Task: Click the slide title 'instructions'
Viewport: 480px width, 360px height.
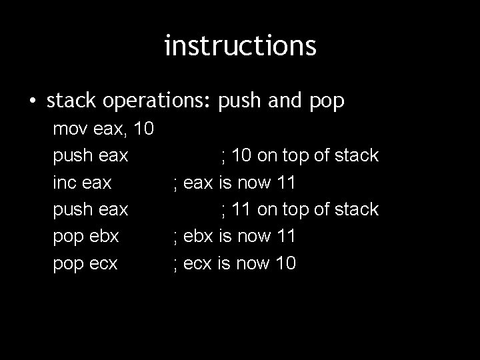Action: [240, 46]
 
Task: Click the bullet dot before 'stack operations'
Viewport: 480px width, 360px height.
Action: [33, 101]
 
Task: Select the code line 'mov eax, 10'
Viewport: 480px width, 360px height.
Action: [104, 129]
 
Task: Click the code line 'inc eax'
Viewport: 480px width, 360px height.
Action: [82, 183]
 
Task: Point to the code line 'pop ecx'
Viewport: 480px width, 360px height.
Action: [85, 264]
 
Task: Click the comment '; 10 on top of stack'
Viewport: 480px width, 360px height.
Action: [299, 156]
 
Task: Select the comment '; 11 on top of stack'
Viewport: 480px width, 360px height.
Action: [299, 210]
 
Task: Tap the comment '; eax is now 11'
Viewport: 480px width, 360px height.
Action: [234, 183]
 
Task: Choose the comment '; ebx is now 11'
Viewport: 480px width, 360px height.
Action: [234, 237]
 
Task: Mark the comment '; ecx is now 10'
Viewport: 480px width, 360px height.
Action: [234, 264]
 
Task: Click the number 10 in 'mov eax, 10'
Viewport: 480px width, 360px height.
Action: [144, 129]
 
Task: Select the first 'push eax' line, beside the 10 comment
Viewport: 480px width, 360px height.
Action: [91, 156]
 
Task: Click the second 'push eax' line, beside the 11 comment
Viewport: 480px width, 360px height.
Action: [91, 210]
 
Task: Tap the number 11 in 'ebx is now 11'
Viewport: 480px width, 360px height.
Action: [285, 237]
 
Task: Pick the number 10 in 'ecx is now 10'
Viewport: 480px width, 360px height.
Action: [285, 264]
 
